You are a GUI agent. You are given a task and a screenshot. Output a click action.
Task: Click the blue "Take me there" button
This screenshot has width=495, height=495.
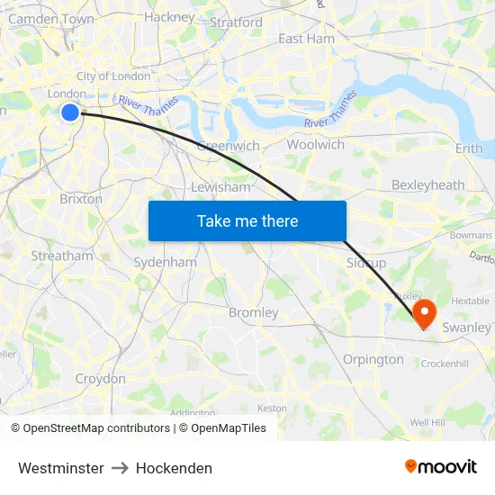click(247, 220)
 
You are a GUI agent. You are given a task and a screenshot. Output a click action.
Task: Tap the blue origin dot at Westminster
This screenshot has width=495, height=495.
click(70, 112)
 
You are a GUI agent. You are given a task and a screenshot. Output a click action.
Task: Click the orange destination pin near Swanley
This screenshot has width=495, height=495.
click(424, 313)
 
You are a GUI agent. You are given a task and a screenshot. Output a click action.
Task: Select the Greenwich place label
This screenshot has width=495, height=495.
click(229, 146)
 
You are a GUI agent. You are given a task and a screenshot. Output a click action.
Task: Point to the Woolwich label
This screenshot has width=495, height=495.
click(315, 144)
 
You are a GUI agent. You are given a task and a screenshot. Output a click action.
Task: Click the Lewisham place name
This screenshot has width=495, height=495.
click(220, 187)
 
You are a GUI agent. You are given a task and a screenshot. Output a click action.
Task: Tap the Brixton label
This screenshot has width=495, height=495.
click(81, 199)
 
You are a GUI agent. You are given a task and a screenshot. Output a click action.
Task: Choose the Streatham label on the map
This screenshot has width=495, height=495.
click(62, 256)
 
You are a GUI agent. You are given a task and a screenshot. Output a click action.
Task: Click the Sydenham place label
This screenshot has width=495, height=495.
click(165, 262)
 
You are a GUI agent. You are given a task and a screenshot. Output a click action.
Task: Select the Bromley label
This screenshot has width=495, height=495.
click(254, 312)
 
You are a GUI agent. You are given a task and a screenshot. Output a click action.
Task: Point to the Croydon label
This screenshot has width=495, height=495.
click(101, 379)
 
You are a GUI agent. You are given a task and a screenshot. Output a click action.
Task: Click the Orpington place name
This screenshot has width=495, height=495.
click(373, 359)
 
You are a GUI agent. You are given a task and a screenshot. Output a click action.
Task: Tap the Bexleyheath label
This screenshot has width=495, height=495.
click(428, 184)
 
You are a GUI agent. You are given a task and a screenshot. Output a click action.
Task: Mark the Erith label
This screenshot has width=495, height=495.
click(469, 148)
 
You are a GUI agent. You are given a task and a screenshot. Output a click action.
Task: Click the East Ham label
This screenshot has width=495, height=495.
click(306, 39)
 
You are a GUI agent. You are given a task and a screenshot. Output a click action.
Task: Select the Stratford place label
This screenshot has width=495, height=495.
click(236, 22)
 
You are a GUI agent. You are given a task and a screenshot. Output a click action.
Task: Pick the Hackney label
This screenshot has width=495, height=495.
click(169, 16)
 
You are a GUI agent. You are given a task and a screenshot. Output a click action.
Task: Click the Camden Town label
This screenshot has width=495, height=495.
click(50, 18)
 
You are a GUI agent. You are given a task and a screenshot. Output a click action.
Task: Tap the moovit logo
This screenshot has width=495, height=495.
click(441, 467)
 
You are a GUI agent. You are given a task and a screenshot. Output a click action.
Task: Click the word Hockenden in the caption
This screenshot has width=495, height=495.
click(175, 468)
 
